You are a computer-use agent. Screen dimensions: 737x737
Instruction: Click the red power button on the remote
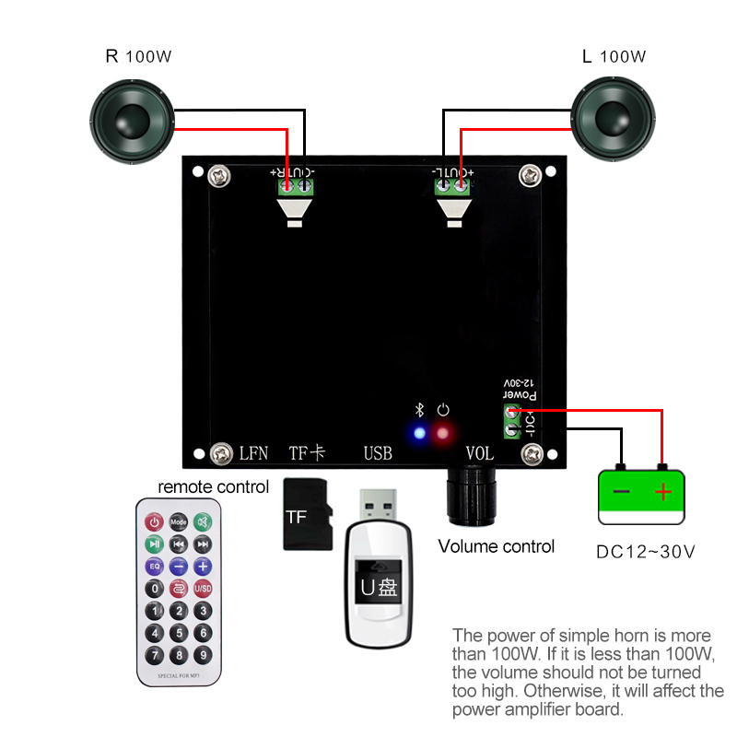[x=155, y=521]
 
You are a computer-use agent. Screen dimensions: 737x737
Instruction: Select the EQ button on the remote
[x=155, y=566]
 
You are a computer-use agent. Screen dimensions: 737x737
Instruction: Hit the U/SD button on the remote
[x=203, y=588]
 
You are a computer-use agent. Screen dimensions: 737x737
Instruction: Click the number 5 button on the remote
[x=179, y=633]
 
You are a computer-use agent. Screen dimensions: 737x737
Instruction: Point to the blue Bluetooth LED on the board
[x=420, y=433]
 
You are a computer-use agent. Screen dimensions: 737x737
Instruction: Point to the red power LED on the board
[x=444, y=433]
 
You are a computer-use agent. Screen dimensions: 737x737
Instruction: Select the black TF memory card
[x=307, y=515]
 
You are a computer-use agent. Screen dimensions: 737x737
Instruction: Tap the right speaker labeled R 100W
[x=131, y=121]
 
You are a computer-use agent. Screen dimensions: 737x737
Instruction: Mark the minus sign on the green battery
[x=621, y=492]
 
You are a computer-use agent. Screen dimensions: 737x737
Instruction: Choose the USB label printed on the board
[x=378, y=453]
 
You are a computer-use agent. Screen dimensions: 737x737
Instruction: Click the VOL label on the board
[x=480, y=453]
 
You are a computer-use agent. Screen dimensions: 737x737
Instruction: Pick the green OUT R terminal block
[x=296, y=186]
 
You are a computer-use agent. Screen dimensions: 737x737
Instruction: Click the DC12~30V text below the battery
[x=645, y=552]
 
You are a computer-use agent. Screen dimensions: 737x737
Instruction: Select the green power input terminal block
[x=511, y=422]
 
